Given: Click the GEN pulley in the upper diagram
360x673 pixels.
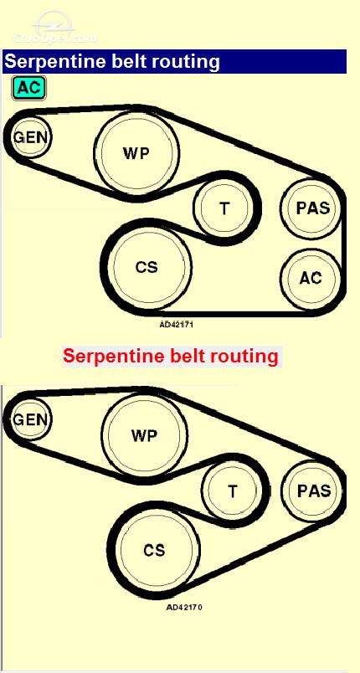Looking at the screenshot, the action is tap(31, 137).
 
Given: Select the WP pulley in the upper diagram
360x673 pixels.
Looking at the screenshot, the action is tap(136, 153).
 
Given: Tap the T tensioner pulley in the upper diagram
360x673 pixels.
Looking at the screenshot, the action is tap(224, 208).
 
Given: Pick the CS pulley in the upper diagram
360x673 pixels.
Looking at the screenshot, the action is tap(147, 267).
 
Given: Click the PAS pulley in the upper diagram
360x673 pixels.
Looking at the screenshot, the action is tap(313, 208).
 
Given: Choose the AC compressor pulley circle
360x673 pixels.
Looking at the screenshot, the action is tap(311, 278).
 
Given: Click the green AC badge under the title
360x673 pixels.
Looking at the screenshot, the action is tap(28, 88).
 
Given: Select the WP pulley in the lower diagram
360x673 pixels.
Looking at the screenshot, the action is tap(144, 435).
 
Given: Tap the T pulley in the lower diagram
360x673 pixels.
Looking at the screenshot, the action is tap(232, 491).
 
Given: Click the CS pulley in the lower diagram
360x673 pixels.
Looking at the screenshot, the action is tap(155, 550).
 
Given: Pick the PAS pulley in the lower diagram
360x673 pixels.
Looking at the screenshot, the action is tap(314, 491).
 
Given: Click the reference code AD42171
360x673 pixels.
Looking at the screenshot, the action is tap(177, 325).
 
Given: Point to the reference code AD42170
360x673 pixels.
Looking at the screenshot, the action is tap(184, 608).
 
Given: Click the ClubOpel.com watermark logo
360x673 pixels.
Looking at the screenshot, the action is tap(54, 29).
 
